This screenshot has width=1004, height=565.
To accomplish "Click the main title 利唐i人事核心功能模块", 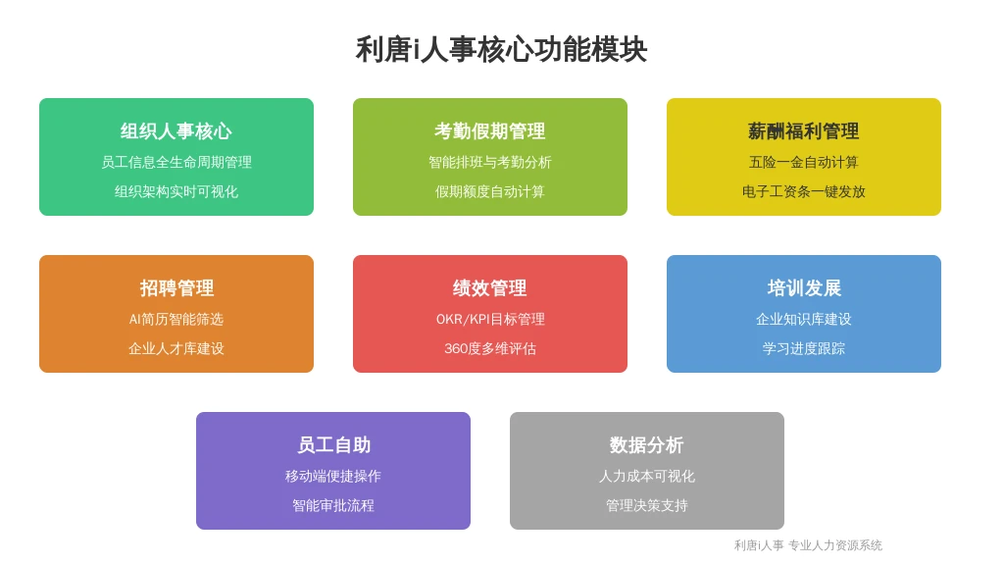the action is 501,50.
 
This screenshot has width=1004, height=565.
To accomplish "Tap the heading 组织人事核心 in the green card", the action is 176,131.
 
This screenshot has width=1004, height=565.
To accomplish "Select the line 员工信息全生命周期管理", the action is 176,162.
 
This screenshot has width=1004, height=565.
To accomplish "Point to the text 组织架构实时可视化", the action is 176,191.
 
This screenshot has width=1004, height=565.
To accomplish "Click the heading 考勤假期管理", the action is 490,131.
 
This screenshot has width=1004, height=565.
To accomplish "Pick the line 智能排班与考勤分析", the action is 490,162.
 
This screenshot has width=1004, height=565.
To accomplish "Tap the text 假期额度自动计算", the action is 490,191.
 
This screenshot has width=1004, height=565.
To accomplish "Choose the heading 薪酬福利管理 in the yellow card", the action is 804,131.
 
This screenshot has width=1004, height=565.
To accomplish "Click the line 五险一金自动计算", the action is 804,162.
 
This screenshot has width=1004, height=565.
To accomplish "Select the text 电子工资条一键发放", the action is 804,191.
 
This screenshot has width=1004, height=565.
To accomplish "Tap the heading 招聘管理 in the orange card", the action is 176,288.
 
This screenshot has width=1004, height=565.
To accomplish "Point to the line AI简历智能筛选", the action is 176,319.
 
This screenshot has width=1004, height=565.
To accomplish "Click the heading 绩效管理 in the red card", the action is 490,288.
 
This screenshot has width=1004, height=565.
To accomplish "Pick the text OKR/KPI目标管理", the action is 490,319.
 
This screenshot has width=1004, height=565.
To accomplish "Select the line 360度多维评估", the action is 490,348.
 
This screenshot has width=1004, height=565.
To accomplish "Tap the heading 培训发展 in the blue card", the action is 804,288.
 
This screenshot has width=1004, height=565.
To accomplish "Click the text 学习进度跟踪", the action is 804,348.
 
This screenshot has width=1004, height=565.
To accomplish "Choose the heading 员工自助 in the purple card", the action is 333,445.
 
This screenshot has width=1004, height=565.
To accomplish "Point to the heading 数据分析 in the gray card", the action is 647,445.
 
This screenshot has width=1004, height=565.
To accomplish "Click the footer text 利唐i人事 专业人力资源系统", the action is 808,545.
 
